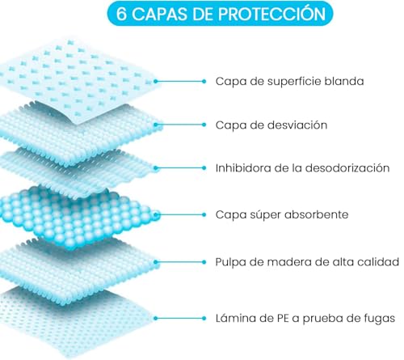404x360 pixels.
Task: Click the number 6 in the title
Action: coord(121,14)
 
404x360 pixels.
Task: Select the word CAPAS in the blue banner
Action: coord(160,14)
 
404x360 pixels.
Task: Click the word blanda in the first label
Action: coord(344,81)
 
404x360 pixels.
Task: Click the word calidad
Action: coord(378,262)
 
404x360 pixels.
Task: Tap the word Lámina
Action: coord(236,318)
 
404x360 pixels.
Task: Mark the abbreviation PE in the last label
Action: coord(283,319)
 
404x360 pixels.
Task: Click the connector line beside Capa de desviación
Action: coord(180,125)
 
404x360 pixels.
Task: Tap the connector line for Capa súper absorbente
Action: coord(180,214)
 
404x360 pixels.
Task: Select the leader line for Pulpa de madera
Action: coord(180,262)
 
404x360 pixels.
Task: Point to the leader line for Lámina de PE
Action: coord(180,318)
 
